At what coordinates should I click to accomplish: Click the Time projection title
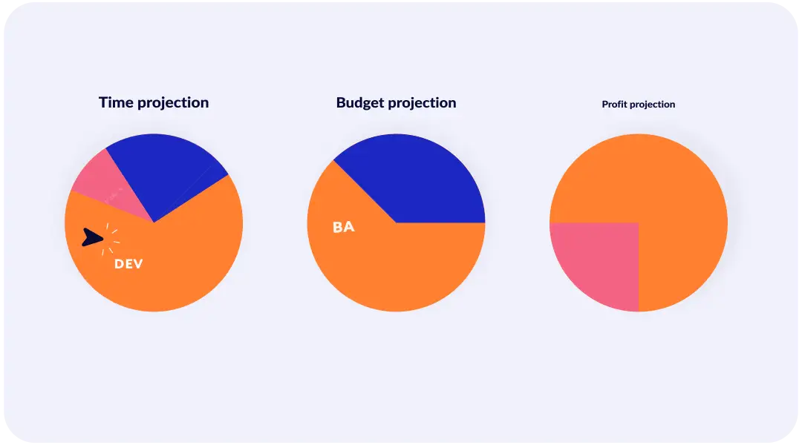pos(154,102)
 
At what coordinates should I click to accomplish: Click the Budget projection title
pos(396,102)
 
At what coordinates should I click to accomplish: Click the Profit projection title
pos(639,105)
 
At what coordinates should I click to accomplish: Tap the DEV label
pos(128,264)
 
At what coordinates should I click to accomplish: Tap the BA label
pos(344,227)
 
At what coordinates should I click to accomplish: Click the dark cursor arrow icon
pos(91,237)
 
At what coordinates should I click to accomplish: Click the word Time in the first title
pos(115,102)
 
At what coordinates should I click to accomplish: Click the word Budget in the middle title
pos(360,102)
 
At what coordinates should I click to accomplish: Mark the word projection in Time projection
pos(172,103)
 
